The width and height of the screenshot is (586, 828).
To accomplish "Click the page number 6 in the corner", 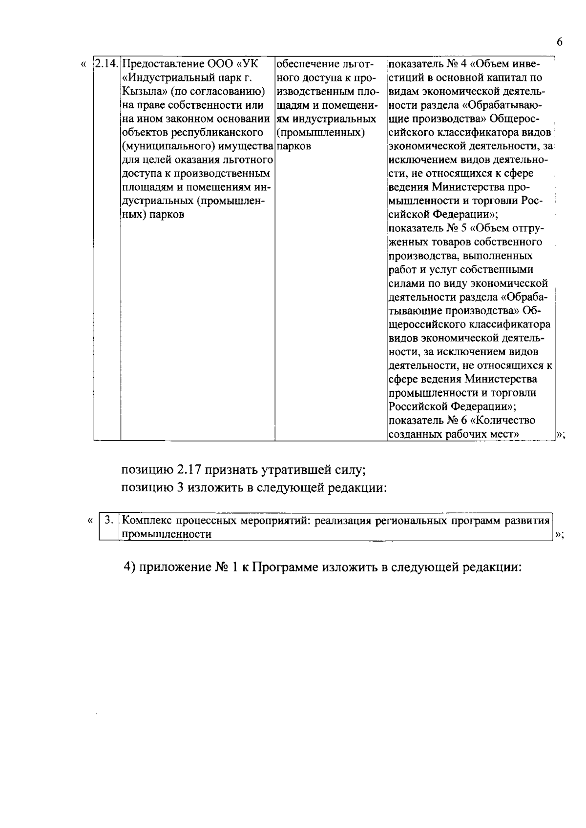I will point(559,42).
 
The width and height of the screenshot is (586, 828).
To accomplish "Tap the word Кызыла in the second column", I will point(138,92).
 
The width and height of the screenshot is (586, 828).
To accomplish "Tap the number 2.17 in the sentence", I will point(189,470).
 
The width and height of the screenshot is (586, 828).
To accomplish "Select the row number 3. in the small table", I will point(109,520).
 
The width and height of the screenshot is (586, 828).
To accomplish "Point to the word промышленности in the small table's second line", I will point(167,534).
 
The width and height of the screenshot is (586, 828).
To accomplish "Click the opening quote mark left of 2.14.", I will point(84,64).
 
